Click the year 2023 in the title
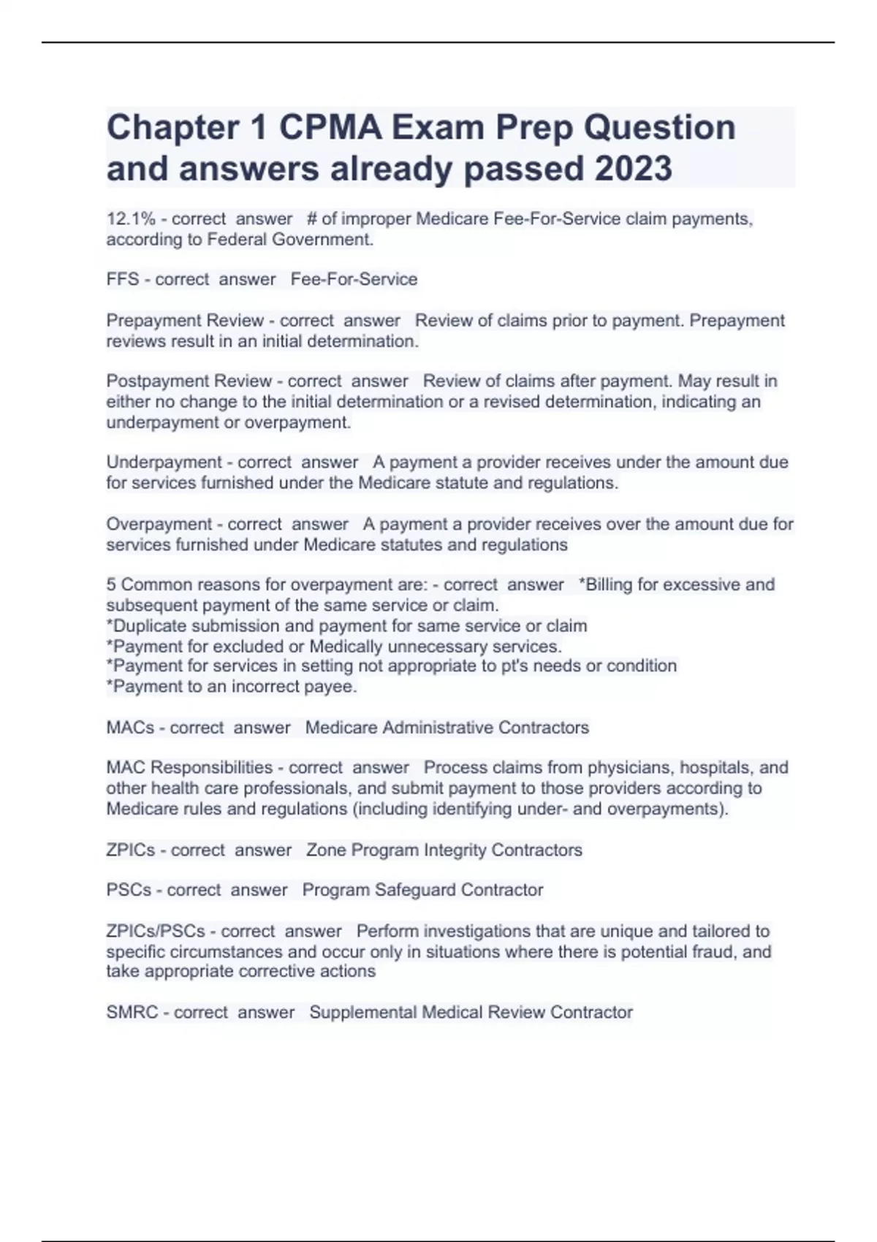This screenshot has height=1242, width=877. point(633,169)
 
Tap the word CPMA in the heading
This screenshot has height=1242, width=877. point(330,128)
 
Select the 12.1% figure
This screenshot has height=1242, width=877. point(131,219)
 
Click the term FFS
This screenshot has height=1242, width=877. point(123,279)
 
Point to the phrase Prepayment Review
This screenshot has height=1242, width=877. point(185,321)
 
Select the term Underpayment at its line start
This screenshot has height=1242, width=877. point(164,462)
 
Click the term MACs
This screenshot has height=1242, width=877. point(130,728)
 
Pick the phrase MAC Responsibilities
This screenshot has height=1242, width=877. point(189,768)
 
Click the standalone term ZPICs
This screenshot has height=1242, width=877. point(131,850)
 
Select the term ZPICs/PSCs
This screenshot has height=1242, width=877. point(156,931)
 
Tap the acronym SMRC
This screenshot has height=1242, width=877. point(132,1013)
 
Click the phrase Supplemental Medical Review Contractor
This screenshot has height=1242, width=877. point(471,1013)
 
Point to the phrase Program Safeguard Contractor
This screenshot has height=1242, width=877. point(422,890)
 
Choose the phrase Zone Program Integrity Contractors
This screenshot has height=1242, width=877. point(444,850)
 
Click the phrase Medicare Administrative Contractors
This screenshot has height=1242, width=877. point(447,728)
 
